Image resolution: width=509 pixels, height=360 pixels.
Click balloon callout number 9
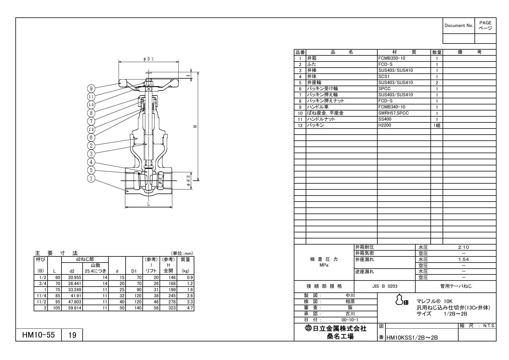click(x=91, y=88)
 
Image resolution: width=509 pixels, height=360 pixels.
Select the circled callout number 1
click(x=91, y=178)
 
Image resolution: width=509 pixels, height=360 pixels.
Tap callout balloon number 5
click(x=91, y=170)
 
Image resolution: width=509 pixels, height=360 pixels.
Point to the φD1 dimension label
click(x=148, y=59)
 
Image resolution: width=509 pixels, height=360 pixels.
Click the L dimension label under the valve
click(x=148, y=204)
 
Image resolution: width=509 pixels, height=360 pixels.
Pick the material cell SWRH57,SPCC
click(x=393, y=113)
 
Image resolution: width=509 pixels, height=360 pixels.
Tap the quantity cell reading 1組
click(x=436, y=126)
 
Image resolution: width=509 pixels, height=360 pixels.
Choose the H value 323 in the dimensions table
click(x=172, y=308)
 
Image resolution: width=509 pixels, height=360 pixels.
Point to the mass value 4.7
click(x=190, y=308)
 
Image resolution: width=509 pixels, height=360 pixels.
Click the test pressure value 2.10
click(x=463, y=247)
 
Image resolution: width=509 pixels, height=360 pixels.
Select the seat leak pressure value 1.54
click(x=463, y=260)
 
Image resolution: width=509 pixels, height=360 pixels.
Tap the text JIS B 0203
click(x=385, y=286)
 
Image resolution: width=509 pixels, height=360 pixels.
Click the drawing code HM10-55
click(x=39, y=335)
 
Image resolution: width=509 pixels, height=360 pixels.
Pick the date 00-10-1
click(x=350, y=320)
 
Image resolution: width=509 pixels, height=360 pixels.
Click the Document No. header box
click(x=459, y=26)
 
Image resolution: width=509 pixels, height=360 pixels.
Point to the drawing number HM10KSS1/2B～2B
click(x=412, y=338)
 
